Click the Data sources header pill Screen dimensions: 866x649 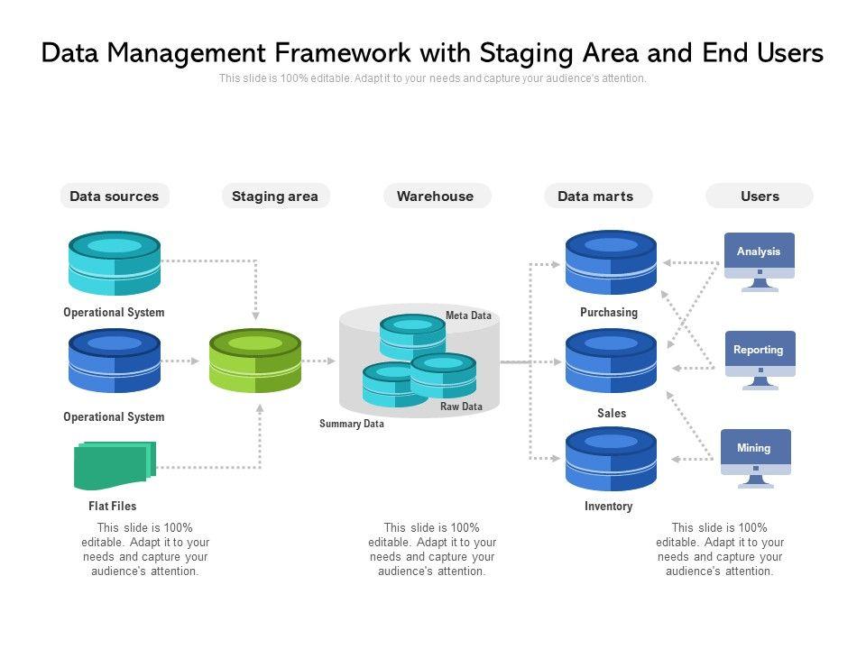point(115,196)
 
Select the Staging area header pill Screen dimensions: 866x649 point(275,196)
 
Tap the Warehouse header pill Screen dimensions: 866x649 point(437,196)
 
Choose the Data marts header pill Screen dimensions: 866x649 point(597,196)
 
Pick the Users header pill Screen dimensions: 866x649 point(760,196)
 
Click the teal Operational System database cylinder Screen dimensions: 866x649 point(115,263)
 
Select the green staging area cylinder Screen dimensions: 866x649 point(255,361)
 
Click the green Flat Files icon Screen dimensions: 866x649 point(115,465)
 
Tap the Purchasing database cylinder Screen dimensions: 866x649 point(611,262)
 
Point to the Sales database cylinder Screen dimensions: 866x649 point(611,361)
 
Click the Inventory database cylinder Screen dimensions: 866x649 point(611,459)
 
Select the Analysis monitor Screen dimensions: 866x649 point(760,261)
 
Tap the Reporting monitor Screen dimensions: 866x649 point(760,360)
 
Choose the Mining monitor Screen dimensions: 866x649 point(756,458)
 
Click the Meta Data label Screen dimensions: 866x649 point(468,315)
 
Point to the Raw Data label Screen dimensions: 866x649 point(461,407)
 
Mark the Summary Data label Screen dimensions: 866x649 point(351,424)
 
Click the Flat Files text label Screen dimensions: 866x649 point(112,506)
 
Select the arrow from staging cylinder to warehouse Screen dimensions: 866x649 point(318,361)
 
